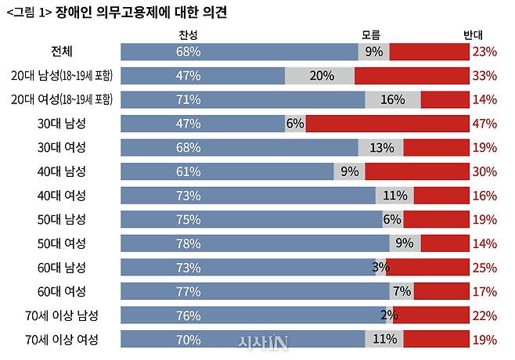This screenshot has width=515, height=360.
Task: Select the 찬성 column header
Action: (x=189, y=34)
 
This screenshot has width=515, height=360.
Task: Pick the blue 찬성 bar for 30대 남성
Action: (x=202, y=124)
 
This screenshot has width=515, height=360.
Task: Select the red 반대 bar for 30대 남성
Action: (x=386, y=124)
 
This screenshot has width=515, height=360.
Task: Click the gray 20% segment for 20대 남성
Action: (x=320, y=76)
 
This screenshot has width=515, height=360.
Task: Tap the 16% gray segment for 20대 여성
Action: (x=392, y=100)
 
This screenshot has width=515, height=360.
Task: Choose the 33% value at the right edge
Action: (x=484, y=76)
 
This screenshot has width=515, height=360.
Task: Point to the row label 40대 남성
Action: (x=59, y=171)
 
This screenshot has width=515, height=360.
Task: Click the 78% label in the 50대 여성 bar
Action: (x=189, y=243)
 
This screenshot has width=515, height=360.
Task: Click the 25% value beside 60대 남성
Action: (x=484, y=268)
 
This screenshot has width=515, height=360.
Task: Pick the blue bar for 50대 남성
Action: (x=250, y=220)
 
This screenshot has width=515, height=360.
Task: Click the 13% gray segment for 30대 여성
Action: (x=381, y=148)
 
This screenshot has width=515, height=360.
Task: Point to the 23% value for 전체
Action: (x=484, y=52)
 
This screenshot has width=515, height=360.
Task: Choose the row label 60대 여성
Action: (x=59, y=291)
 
